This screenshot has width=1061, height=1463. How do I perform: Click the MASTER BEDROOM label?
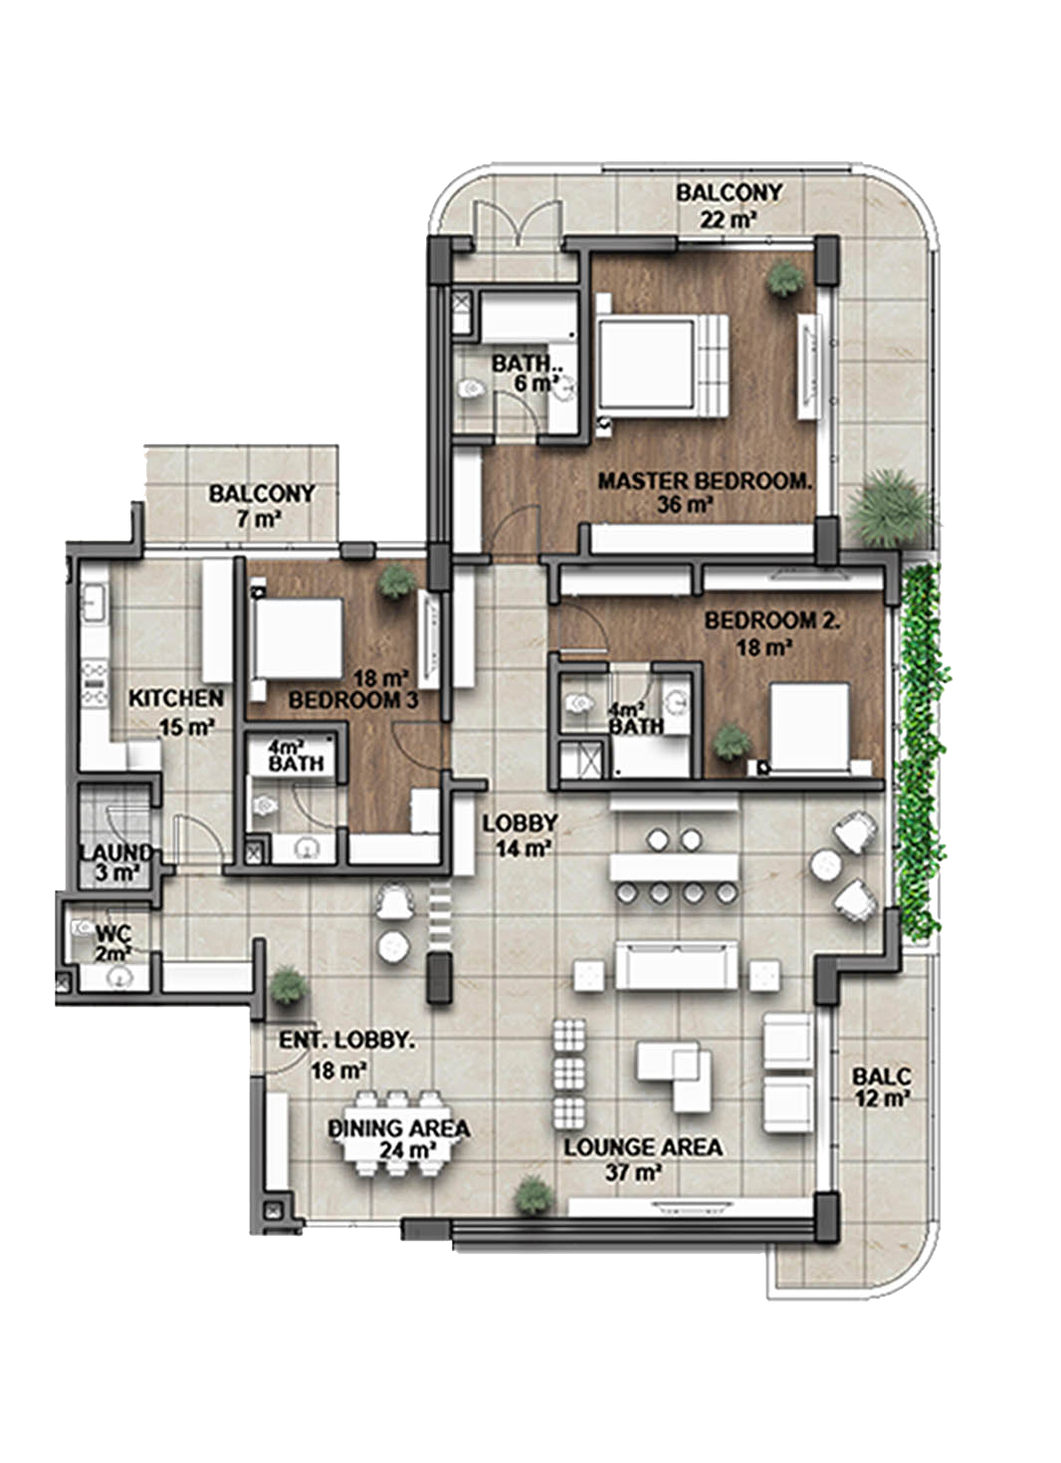pyautogui.click(x=705, y=481)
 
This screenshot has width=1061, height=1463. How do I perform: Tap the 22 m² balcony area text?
pyautogui.click(x=728, y=219)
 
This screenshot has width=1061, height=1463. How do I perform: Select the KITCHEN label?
pyautogui.click(x=176, y=698)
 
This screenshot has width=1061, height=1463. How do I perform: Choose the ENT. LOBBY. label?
pyautogui.click(x=346, y=1041)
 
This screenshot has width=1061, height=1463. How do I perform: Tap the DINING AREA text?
pyautogui.click(x=398, y=1128)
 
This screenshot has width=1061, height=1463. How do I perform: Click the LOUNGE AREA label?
pyautogui.click(x=643, y=1147)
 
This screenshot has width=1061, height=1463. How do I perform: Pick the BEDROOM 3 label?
pyautogui.click(x=353, y=701)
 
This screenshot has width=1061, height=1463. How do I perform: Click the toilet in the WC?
pyautogui.click(x=83, y=927)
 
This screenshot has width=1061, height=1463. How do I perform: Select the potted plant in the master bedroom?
pyautogui.click(x=785, y=279)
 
